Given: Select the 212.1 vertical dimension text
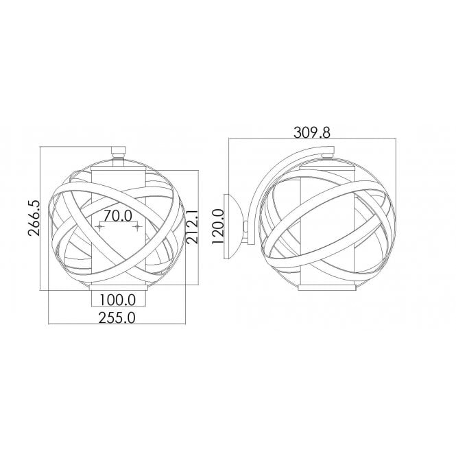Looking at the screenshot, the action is tap(192, 227).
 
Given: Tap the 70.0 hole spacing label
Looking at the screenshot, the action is tap(118, 216).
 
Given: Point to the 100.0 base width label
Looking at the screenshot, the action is tap(118, 300).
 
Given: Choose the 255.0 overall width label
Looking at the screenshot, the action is tap(117, 318).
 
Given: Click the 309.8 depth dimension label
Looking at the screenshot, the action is tap(312, 133).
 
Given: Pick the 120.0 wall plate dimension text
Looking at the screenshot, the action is tap(218, 227).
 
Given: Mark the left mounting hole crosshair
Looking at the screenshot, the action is tap(100, 226).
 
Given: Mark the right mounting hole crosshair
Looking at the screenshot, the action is tap(137, 226).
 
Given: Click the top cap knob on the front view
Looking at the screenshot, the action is tap(119, 151).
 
